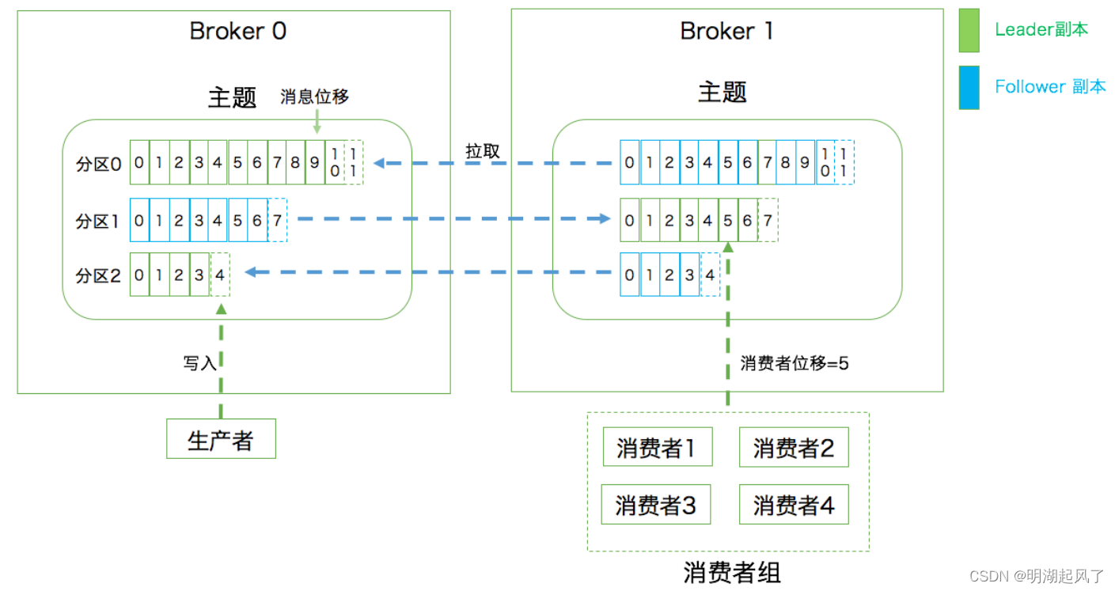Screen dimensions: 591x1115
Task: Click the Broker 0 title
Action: click(x=237, y=32)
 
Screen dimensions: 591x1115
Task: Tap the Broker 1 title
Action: click(x=726, y=32)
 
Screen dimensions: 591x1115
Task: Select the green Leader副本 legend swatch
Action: click(x=969, y=30)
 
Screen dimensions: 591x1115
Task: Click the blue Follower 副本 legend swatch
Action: click(x=969, y=87)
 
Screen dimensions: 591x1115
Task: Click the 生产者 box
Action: click(x=221, y=439)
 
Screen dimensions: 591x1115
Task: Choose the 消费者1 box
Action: click(x=656, y=448)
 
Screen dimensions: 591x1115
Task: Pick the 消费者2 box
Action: click(x=793, y=448)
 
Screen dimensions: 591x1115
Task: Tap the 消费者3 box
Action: click(x=656, y=505)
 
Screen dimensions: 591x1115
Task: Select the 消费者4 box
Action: click(x=793, y=505)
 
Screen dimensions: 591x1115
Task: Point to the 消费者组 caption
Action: click(x=732, y=572)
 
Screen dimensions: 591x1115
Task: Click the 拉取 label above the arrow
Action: click(x=482, y=150)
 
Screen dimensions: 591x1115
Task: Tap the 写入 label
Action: click(x=199, y=363)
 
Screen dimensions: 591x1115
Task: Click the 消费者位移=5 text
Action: click(x=794, y=363)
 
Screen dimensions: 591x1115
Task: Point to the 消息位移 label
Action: click(x=314, y=97)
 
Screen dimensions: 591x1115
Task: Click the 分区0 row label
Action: click(x=98, y=165)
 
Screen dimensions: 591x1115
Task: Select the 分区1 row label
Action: click(x=98, y=222)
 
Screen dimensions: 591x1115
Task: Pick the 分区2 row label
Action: click(x=98, y=275)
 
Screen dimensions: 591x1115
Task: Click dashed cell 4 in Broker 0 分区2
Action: click(x=220, y=275)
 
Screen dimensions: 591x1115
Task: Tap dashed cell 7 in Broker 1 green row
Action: click(x=768, y=221)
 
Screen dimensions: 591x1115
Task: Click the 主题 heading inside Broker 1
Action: click(x=722, y=93)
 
